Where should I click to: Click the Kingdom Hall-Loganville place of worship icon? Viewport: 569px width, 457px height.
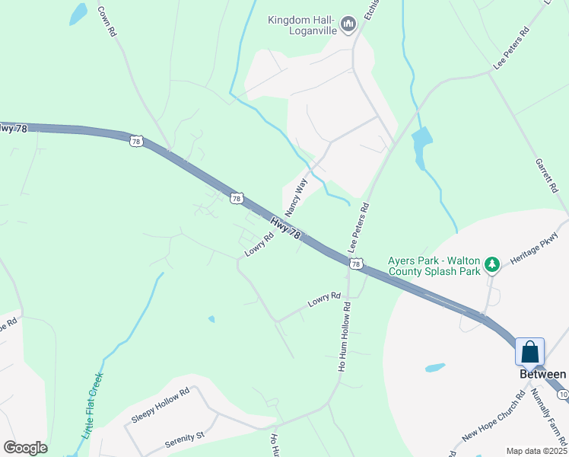point(348,25)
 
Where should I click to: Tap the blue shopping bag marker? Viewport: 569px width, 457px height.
point(529,353)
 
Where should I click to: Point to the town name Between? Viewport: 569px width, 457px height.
point(542,374)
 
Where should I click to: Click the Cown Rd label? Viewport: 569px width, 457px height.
point(106,22)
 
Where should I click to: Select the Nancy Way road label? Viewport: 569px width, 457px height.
point(295,197)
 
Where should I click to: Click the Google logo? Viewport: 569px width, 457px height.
point(25,448)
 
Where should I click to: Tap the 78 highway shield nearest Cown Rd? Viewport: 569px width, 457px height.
point(135,141)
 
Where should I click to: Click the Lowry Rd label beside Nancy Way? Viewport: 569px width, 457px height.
point(258,244)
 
